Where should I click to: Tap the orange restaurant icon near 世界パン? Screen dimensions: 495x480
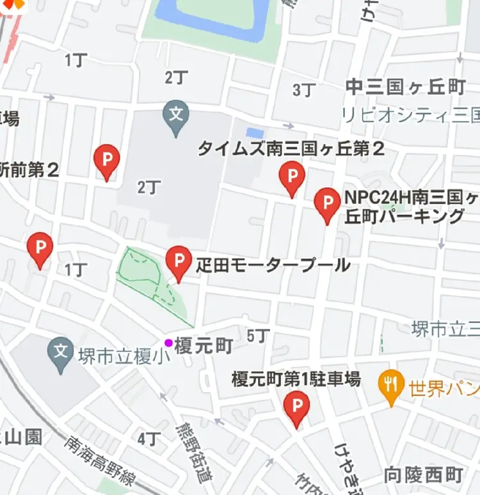pos(390,385)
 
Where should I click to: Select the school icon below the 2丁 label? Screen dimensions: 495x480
pos(176,116)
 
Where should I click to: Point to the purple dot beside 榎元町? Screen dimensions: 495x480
pos(168,343)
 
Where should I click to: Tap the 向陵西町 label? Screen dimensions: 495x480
pos(423,475)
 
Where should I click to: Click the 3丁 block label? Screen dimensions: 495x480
pos(305,90)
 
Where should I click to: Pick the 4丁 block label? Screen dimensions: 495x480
pos(148,438)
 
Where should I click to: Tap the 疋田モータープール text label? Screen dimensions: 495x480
pos(273,264)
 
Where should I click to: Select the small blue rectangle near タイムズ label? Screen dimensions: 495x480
pos(255,132)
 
